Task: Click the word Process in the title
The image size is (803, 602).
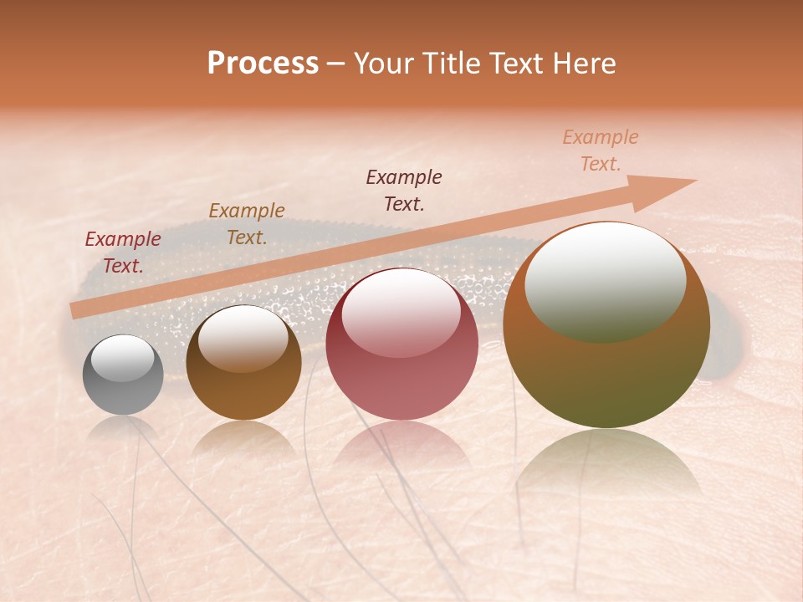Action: (x=263, y=64)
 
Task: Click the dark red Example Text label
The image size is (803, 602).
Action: (x=123, y=253)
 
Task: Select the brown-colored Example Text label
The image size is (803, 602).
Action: (x=247, y=224)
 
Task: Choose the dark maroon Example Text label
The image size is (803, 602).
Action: (x=404, y=191)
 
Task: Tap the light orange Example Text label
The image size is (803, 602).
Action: (x=601, y=150)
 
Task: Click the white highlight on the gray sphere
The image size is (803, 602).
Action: (x=123, y=358)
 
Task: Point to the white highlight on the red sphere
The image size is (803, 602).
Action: (x=401, y=313)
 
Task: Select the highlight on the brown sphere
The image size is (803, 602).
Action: (x=243, y=337)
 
